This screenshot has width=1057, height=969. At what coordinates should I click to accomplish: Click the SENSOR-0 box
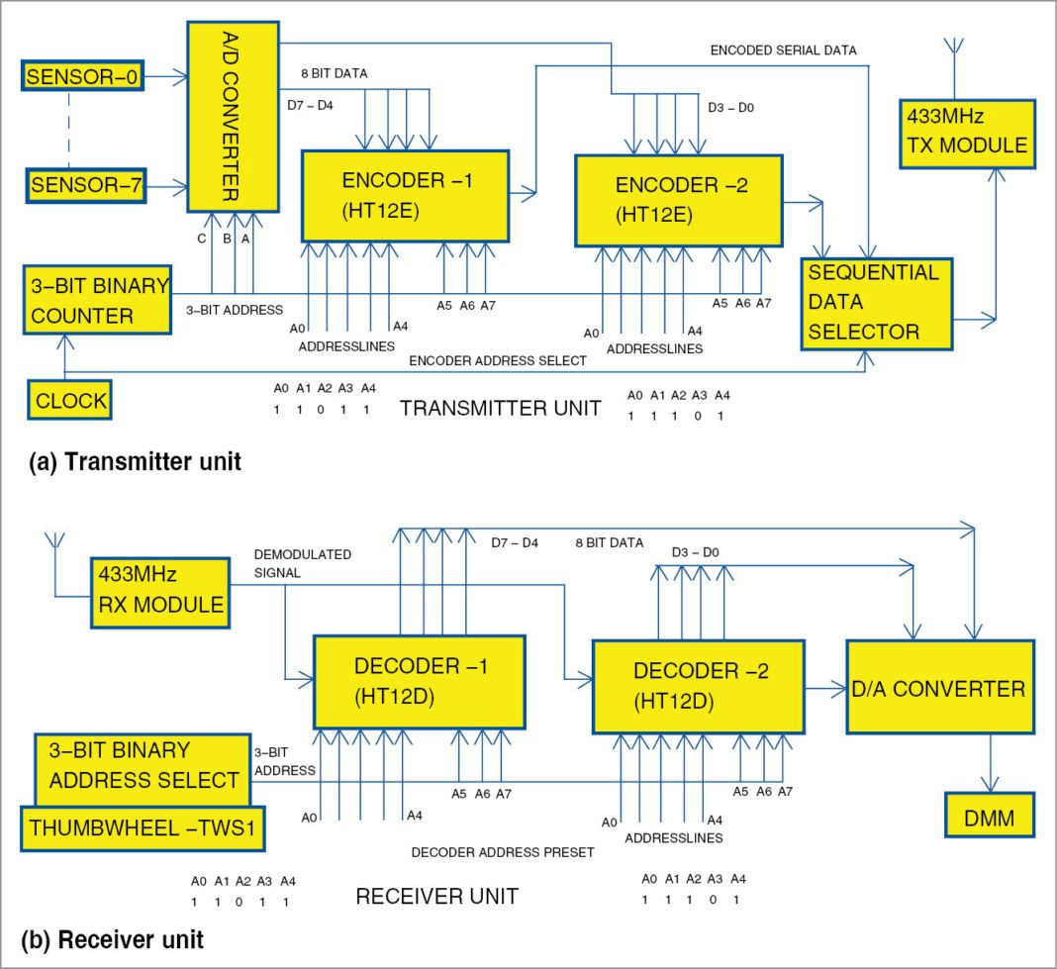tap(83, 76)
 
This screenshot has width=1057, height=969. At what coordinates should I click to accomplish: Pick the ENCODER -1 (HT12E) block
tap(405, 196)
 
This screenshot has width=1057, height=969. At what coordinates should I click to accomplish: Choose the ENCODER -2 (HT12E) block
tap(678, 200)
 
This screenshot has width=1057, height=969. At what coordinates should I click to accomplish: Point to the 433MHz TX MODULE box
tap(966, 132)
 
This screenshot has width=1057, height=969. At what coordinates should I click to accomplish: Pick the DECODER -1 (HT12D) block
tap(419, 681)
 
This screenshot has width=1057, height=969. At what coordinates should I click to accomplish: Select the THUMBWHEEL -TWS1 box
tap(143, 828)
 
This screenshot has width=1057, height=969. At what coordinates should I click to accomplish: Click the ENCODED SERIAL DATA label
tap(783, 49)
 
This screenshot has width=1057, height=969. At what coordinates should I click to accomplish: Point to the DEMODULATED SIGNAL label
tap(303, 563)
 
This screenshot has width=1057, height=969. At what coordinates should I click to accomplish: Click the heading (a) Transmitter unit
tap(135, 461)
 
